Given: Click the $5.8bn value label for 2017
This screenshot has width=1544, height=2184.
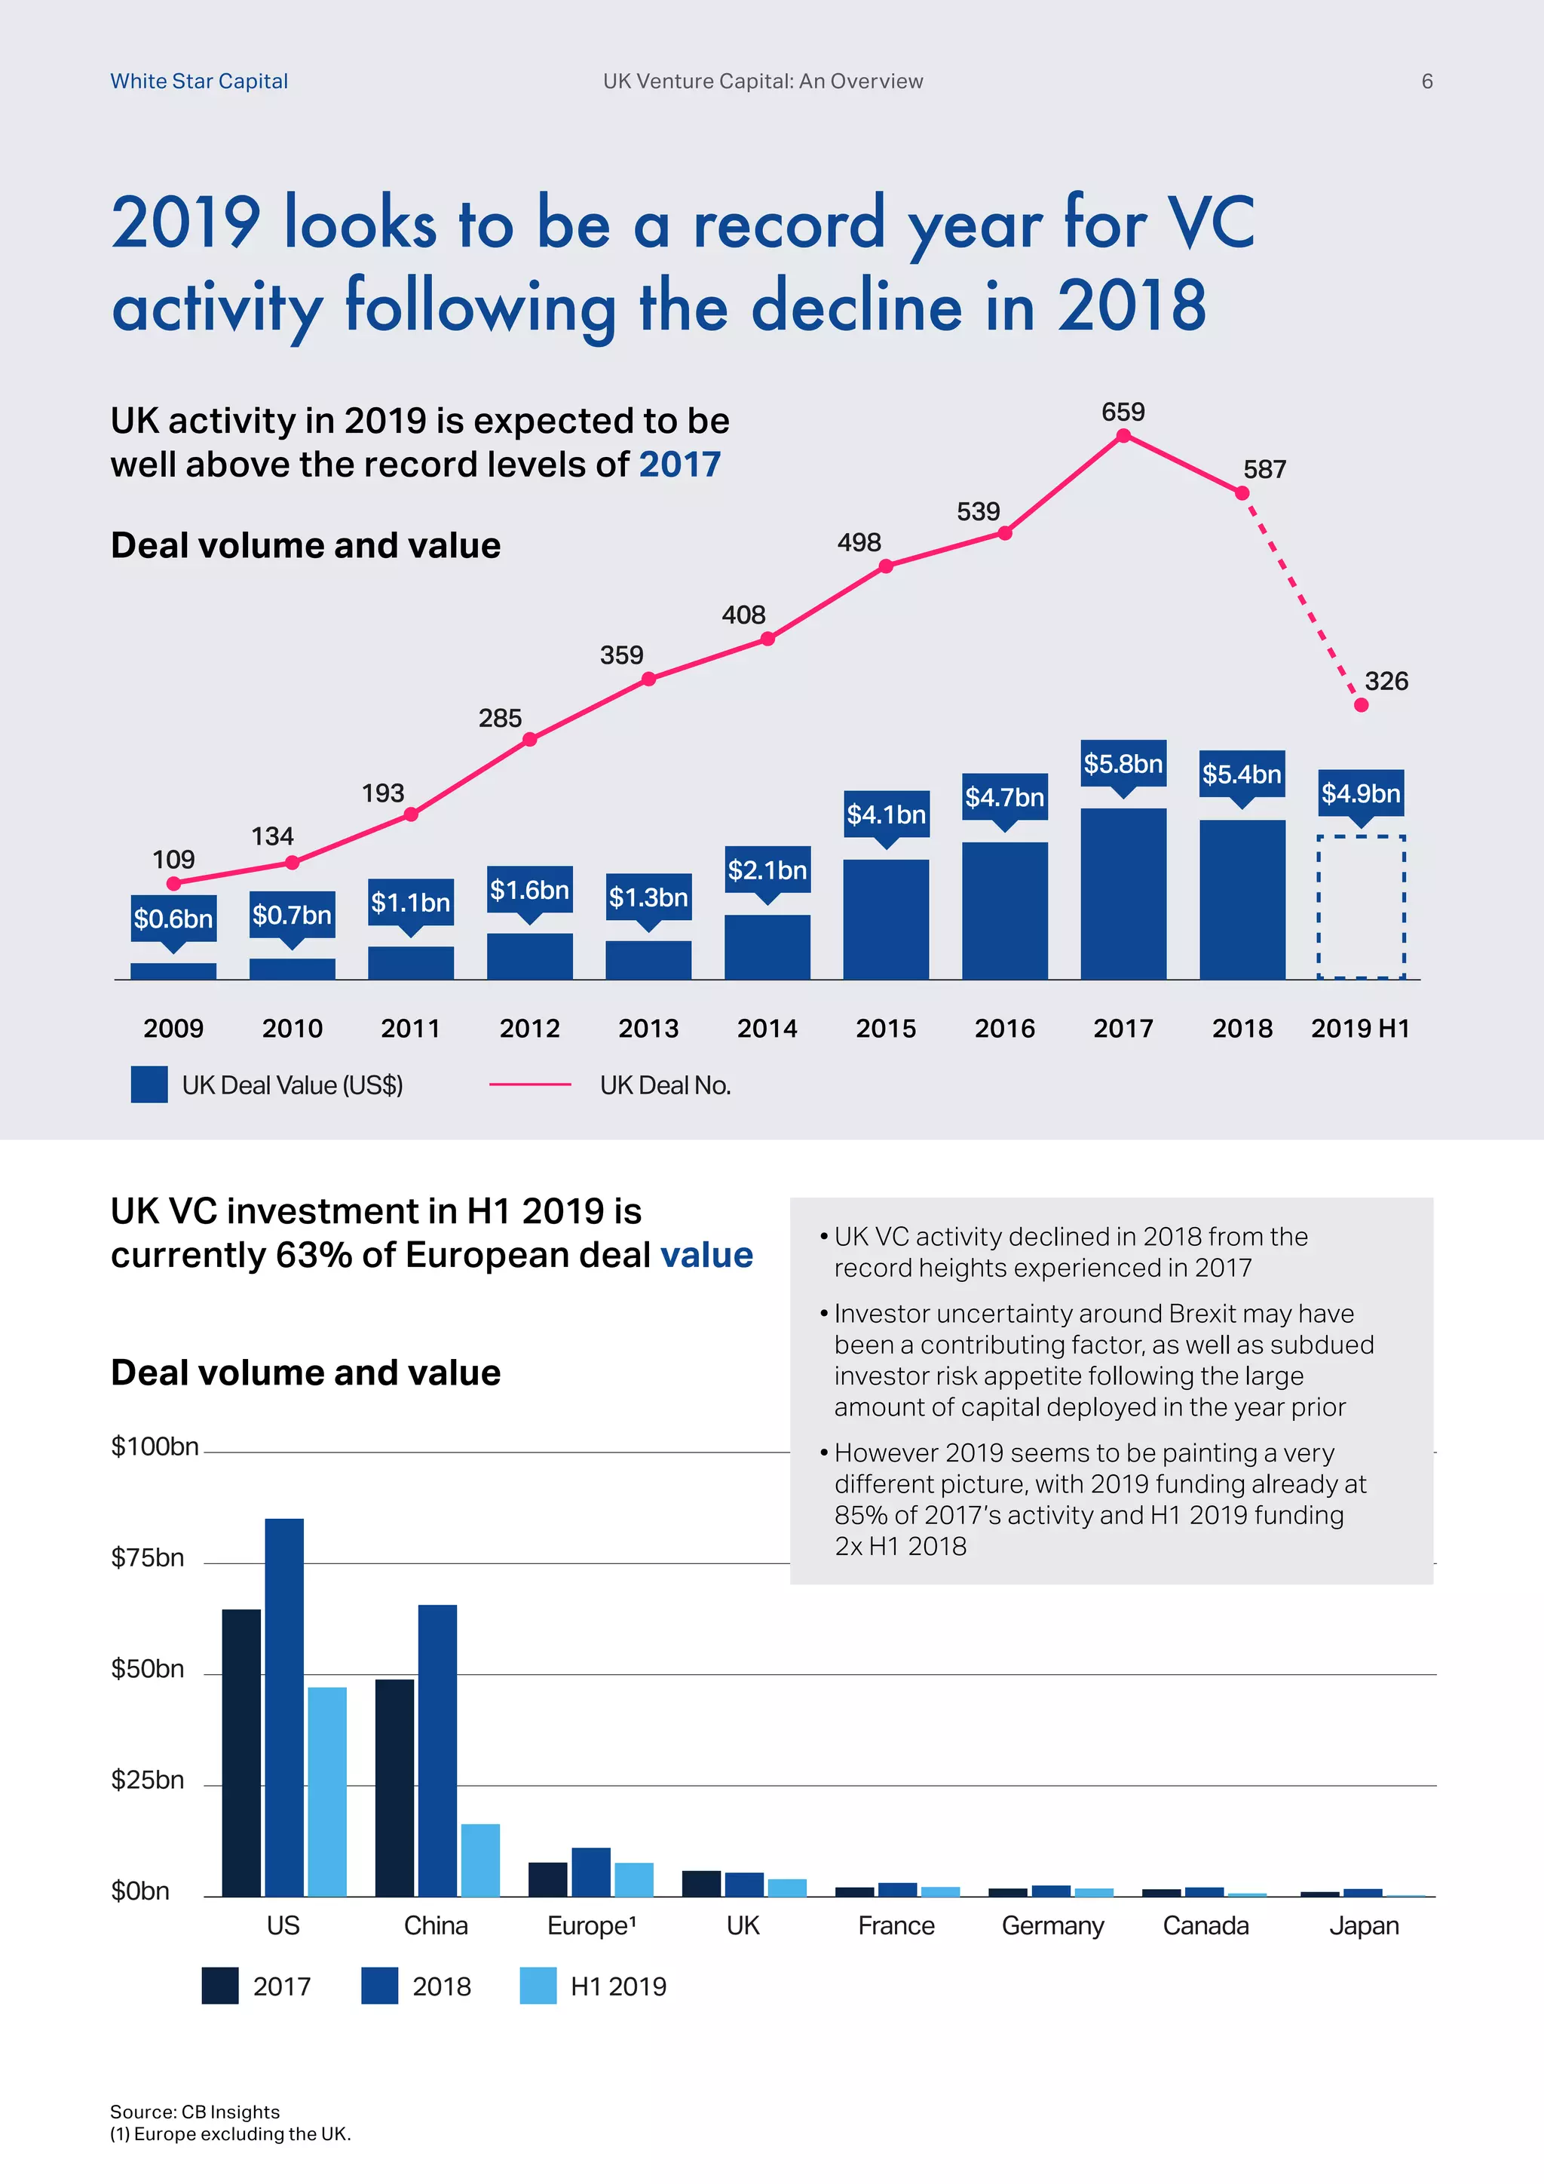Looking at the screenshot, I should [1123, 764].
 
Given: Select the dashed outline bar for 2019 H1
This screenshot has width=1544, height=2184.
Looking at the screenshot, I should [1361, 906].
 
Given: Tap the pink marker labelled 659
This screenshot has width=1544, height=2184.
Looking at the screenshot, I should [1123, 436].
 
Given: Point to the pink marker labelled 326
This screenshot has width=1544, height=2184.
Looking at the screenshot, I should [1361, 705].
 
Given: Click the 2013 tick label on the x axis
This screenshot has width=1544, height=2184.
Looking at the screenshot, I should [648, 1028].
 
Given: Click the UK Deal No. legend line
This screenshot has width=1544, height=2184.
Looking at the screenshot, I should [529, 1084].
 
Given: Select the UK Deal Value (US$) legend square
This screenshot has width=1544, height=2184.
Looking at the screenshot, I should [149, 1084].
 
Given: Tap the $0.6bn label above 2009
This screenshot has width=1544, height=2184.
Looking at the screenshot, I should [173, 918].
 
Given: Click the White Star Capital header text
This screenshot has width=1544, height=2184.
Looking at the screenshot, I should [199, 81].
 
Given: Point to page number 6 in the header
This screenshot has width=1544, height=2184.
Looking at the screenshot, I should [1426, 81].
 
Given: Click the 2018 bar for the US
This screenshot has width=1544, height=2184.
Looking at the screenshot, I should [284, 1707].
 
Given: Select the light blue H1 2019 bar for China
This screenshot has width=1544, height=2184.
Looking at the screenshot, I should [480, 1860].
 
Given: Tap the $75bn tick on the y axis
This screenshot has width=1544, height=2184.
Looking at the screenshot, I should [147, 1557].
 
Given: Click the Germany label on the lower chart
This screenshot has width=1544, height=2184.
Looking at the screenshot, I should [1052, 1925].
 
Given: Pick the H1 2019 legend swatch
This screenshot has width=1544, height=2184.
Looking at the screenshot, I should [538, 1986].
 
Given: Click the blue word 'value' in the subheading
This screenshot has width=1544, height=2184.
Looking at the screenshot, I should [706, 1255].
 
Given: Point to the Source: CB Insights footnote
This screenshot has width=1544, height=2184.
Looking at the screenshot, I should [195, 2112].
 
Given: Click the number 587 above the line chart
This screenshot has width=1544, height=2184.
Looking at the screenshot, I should [1264, 469].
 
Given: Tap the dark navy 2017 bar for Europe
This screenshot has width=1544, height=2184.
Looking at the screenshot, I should [547, 1879].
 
